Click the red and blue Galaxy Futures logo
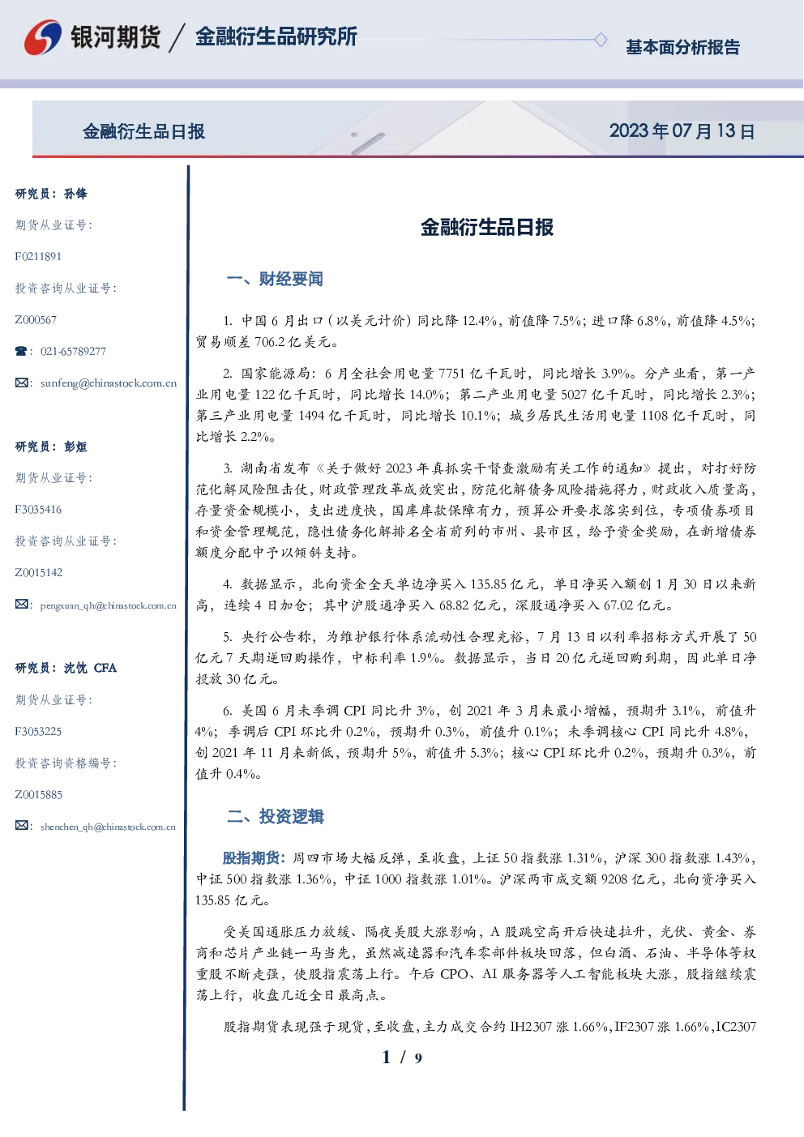click(x=43, y=37)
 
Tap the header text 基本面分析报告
click(x=682, y=47)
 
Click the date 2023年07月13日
click(x=682, y=131)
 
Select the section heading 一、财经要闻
click(x=275, y=279)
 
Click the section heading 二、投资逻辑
click(x=275, y=816)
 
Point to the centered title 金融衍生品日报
click(x=487, y=227)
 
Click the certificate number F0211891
click(x=38, y=256)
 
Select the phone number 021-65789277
click(x=73, y=351)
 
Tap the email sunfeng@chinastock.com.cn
click(x=109, y=383)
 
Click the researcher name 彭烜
click(x=75, y=447)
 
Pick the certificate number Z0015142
click(x=39, y=573)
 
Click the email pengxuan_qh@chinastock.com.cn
click(x=109, y=605)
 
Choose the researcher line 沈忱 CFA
click(x=90, y=668)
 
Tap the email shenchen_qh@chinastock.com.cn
click(x=108, y=827)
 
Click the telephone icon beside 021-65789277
click(x=21, y=351)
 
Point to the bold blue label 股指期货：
click(x=255, y=858)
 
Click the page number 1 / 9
click(x=402, y=1058)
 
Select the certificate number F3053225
click(x=38, y=732)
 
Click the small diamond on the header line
click(x=601, y=40)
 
